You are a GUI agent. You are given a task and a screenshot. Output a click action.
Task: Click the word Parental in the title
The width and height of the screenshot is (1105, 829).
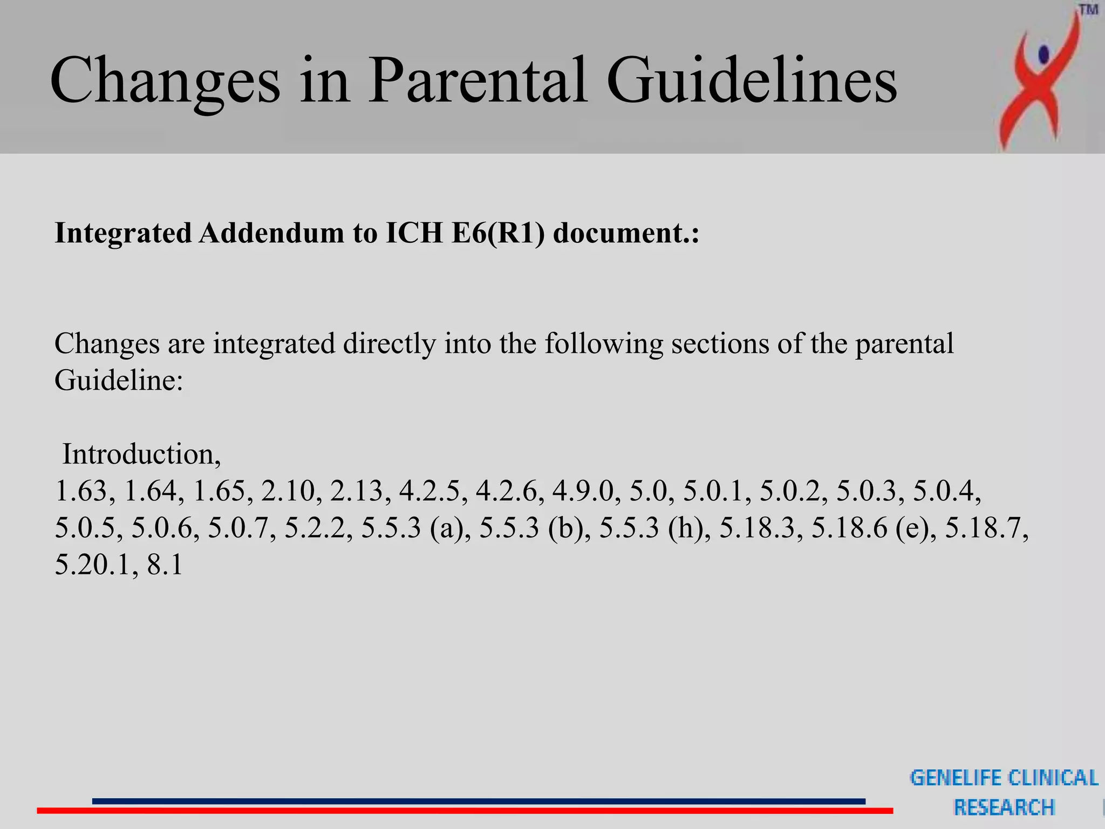tap(478, 81)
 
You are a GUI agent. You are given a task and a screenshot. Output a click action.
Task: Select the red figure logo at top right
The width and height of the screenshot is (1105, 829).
tap(1039, 81)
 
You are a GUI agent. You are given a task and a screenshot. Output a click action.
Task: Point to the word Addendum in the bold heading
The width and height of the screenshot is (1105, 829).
tap(271, 233)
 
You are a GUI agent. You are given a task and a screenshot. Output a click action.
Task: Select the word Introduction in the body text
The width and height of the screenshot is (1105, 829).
tap(141, 454)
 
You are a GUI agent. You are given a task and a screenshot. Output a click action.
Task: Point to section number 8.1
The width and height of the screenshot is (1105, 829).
tap(165, 565)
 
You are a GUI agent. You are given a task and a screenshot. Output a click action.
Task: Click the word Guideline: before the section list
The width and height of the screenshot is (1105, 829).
tap(119, 380)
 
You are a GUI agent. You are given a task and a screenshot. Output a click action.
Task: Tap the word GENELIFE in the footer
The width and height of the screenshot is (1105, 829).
tap(956, 778)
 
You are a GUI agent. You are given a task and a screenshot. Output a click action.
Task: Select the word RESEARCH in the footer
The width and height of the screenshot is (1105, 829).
tap(1004, 807)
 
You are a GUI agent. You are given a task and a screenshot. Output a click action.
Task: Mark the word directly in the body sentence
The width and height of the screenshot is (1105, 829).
tap(389, 344)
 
